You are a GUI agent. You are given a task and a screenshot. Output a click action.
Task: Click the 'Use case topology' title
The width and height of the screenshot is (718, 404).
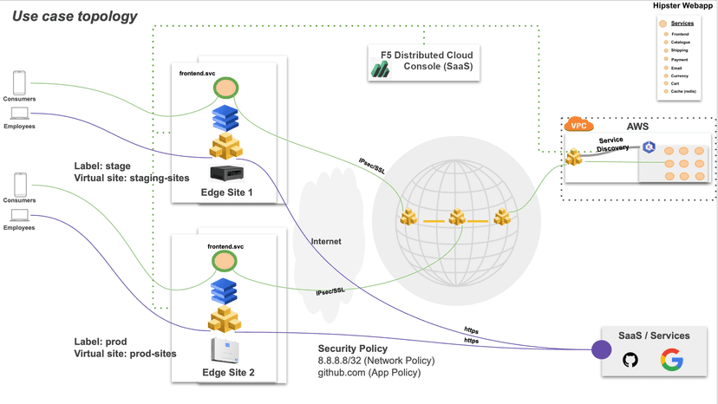(x=75, y=16)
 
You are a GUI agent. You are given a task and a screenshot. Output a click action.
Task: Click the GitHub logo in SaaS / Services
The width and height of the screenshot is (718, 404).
(x=630, y=357)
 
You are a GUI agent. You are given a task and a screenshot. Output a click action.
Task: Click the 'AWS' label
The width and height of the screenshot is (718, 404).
(x=636, y=126)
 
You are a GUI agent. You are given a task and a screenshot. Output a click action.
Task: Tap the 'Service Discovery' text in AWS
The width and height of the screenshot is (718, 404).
(x=611, y=144)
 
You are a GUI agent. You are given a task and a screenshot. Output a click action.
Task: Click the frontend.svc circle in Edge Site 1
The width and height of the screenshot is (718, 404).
(x=226, y=88)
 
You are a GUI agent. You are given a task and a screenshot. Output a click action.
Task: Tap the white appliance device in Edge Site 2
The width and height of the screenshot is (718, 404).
(x=225, y=349)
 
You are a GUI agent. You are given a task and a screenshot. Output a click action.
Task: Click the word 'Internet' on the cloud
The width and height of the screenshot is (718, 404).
(x=326, y=241)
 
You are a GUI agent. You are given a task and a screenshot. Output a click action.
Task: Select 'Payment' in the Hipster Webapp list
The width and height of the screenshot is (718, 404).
(x=681, y=59)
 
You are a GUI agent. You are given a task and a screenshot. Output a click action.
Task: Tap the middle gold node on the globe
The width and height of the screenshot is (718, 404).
(x=456, y=218)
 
